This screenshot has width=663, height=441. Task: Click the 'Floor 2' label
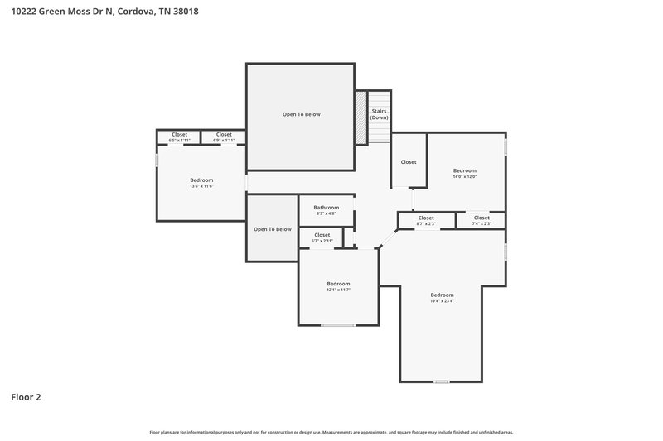[26, 397]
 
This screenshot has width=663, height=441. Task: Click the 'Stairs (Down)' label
[379, 114]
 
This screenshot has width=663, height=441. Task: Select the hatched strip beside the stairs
[361, 117]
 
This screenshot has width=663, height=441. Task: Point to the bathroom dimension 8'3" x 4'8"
[326, 214]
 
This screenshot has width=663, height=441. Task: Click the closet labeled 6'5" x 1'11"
[179, 137]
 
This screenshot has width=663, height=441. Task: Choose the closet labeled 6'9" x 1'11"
[224, 137]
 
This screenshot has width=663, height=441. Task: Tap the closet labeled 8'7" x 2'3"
[425, 220]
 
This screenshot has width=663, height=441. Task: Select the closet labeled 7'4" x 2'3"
[482, 220]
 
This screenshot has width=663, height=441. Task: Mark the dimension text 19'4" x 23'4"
[442, 301]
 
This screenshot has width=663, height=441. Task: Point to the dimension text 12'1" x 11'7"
[338, 290]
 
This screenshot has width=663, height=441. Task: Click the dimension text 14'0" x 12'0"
[464, 176]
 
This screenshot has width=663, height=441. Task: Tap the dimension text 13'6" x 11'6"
[201, 186]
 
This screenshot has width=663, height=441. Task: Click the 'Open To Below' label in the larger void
[301, 114]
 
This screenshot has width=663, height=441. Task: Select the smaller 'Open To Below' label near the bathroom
[272, 229]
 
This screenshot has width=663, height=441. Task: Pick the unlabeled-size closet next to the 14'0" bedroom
[409, 162]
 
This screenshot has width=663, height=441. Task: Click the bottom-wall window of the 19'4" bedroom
[442, 381]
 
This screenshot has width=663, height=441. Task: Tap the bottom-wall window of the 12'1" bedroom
[338, 325]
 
